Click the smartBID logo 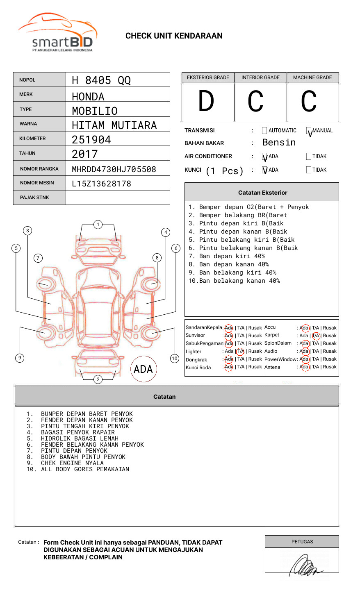57,33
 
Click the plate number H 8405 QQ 101,80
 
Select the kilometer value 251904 91,140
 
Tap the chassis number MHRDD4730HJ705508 114,169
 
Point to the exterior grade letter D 206,102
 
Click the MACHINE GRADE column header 312,77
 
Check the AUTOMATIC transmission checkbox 264,131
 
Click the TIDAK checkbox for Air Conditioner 309,156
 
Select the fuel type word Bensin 279,143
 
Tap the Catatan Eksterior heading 262,193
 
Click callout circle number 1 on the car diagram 98,225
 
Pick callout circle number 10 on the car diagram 175,359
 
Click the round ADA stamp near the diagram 143,369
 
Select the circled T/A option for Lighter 240,351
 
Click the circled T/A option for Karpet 316,336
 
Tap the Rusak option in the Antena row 329,367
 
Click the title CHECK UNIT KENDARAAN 174,36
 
